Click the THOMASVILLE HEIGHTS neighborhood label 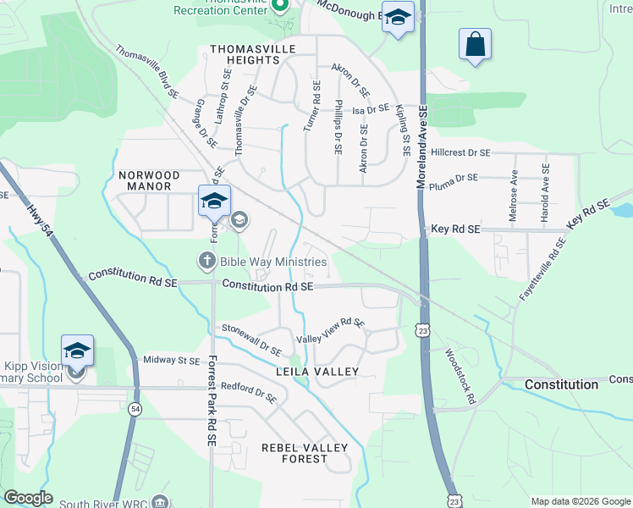251,54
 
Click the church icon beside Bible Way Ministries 206,261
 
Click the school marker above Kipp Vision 77,351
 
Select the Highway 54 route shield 135,409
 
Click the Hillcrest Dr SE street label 460,153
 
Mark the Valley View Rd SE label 330,331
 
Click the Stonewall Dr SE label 251,339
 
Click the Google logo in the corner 29,499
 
